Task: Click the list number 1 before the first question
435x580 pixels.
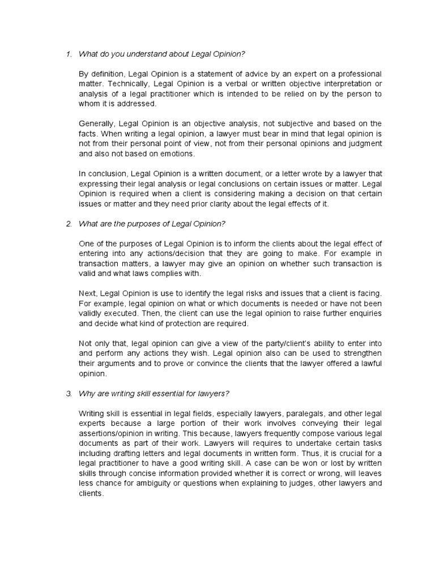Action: pyautogui.click(x=68, y=54)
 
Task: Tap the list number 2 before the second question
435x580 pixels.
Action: pyautogui.click(x=68, y=224)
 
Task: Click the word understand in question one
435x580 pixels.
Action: pyautogui.click(x=135, y=54)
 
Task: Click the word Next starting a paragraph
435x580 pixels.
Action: pyautogui.click(x=88, y=293)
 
